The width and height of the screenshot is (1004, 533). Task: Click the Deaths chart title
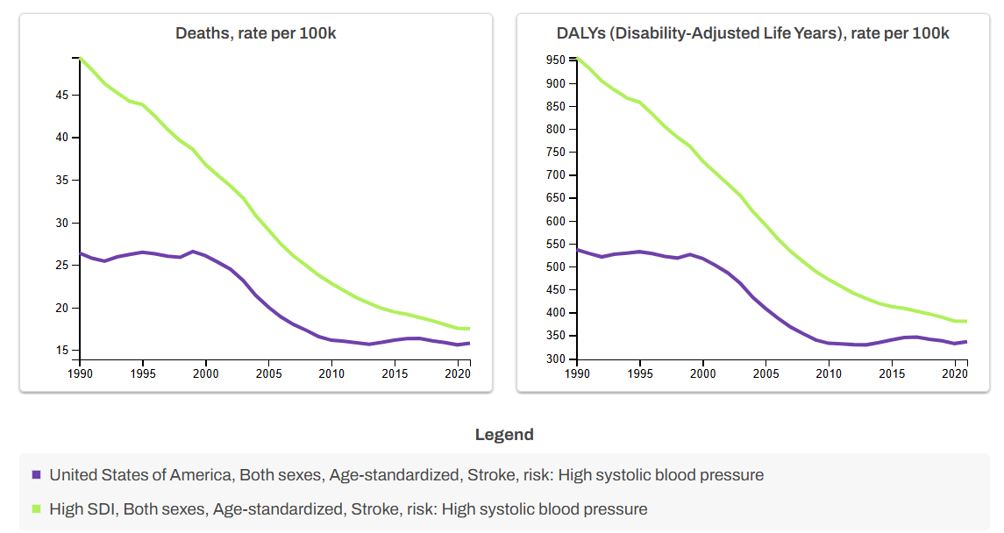256,34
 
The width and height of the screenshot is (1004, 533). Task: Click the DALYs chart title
752,34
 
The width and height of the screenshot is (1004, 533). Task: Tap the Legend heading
503,435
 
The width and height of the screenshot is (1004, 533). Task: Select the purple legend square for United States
36,475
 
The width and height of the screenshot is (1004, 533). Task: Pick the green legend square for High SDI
36,509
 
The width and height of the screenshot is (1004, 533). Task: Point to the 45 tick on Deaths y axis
61,95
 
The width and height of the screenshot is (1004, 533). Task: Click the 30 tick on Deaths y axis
61,223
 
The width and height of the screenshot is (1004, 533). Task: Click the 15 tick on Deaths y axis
61,351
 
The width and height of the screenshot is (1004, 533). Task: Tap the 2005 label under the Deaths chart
268,373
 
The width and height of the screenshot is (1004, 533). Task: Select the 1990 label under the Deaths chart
80,373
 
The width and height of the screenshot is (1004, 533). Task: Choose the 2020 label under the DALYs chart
954,373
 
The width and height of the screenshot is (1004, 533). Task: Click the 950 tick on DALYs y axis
555,60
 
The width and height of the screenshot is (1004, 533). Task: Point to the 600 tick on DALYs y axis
555,221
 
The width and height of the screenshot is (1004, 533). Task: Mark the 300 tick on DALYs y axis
555,359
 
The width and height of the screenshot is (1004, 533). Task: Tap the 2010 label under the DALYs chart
828,373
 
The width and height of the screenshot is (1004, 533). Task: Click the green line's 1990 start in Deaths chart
81,58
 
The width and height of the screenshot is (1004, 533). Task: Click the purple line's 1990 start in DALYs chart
577,250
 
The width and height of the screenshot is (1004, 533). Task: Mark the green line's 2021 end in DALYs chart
966,321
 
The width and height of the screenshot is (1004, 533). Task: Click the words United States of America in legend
139,475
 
